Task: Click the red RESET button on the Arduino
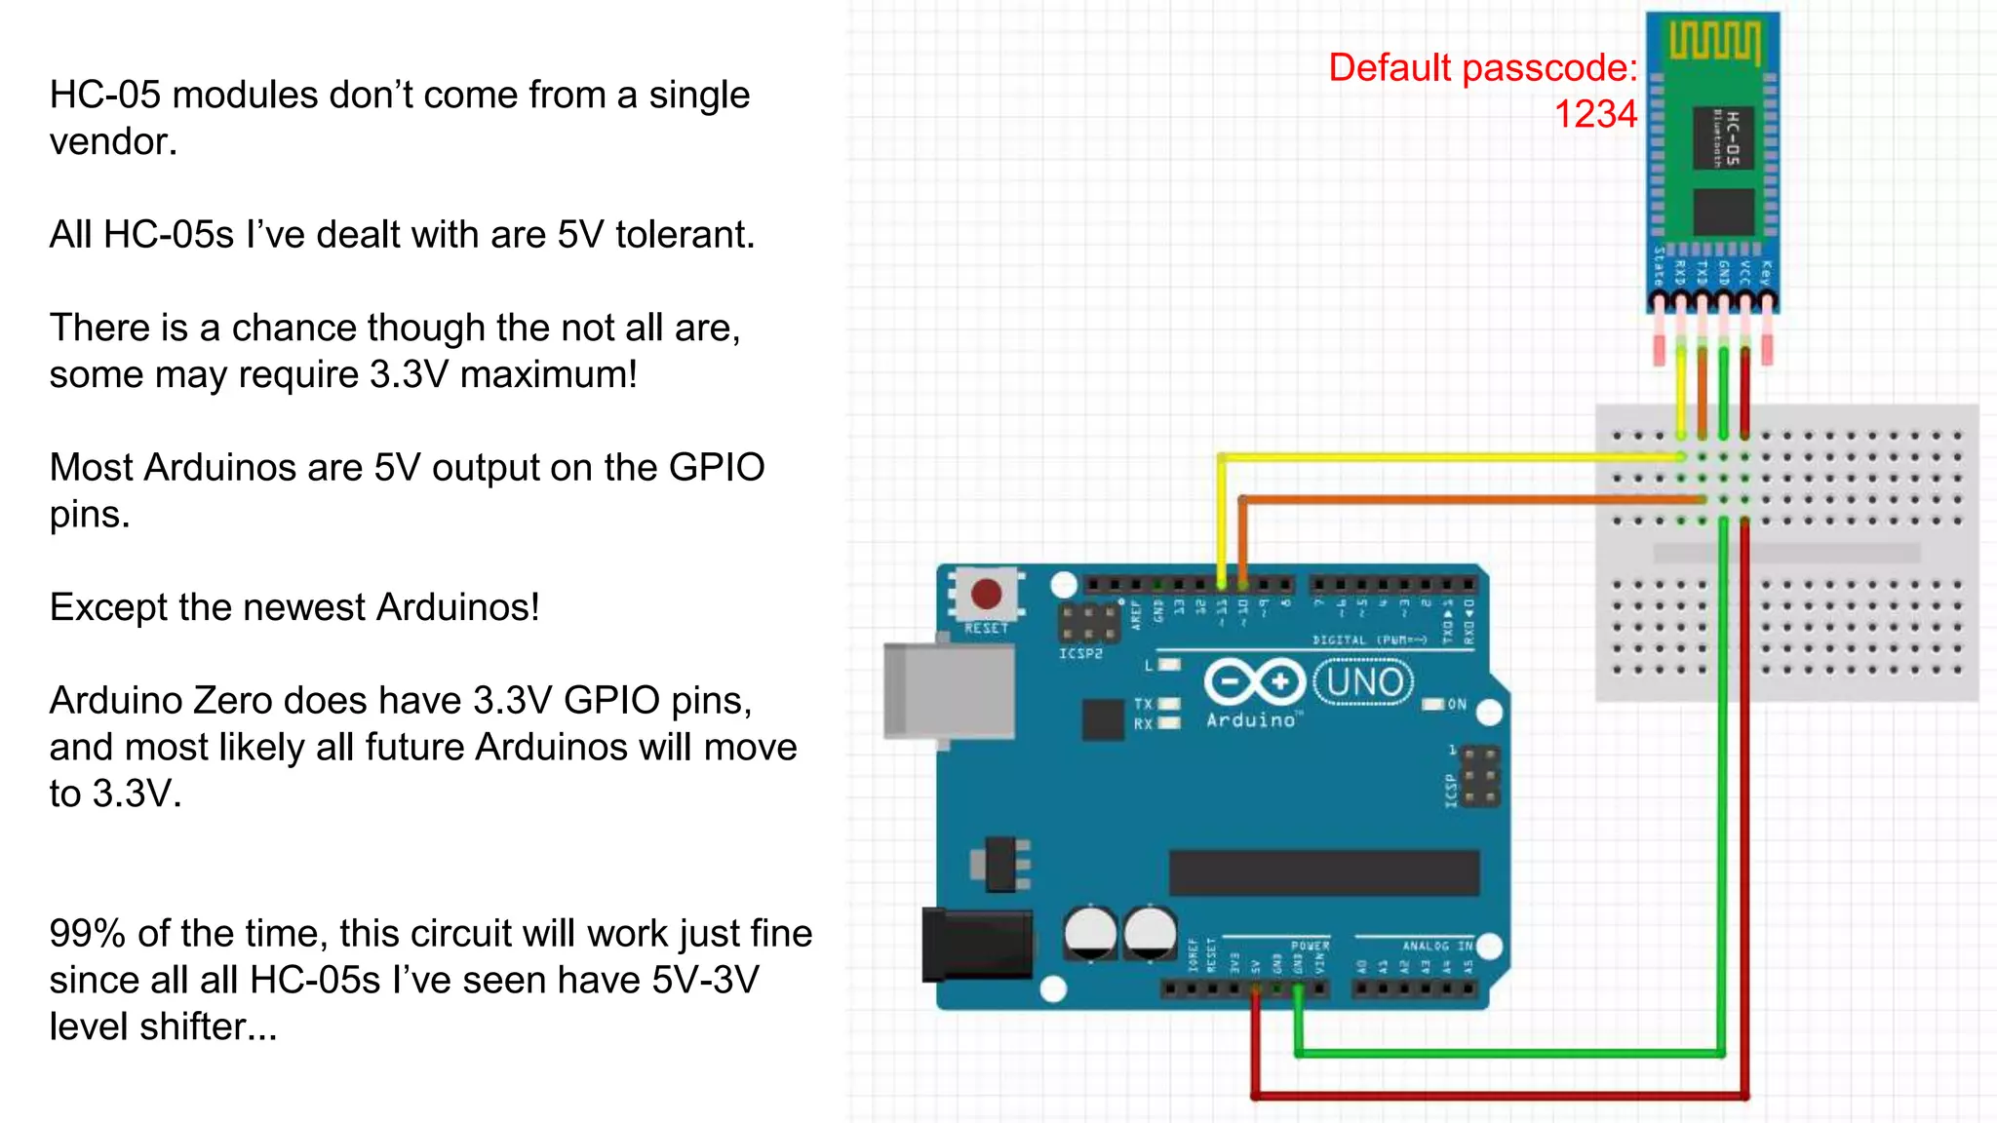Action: click(986, 593)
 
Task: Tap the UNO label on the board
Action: click(1364, 681)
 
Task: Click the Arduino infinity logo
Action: click(1254, 681)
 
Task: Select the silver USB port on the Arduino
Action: click(948, 690)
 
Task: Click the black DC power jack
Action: click(976, 944)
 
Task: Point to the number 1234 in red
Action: click(1594, 114)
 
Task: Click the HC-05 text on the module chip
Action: click(1732, 137)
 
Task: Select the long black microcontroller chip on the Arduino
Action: click(1323, 872)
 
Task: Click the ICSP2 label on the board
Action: click(1080, 653)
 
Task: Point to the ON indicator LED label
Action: click(1456, 704)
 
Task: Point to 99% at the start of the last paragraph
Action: click(87, 934)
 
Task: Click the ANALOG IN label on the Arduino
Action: click(1437, 946)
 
